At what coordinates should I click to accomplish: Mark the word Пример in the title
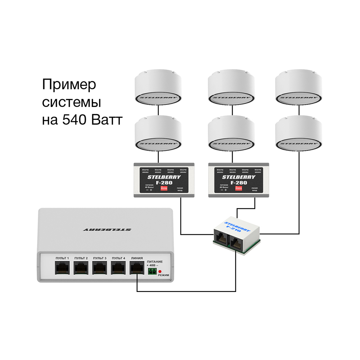click(69, 85)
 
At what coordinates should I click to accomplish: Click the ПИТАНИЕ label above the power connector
click(155, 261)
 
